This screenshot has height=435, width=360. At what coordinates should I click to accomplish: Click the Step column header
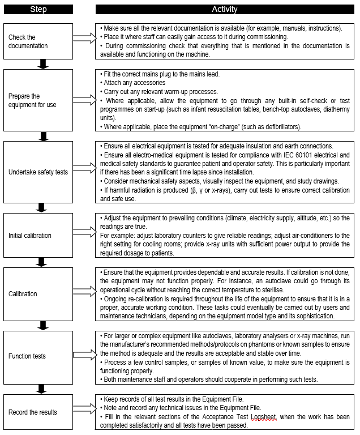pyautogui.click(x=38, y=10)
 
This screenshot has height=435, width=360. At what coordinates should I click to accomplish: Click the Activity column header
pyautogui.click(x=225, y=10)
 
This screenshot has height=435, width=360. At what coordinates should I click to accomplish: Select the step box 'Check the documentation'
pyautogui.click(x=38, y=41)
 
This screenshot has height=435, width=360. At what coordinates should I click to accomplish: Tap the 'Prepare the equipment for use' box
pyautogui.click(x=38, y=100)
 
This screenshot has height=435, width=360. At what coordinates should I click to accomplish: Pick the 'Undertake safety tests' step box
pyautogui.click(x=38, y=172)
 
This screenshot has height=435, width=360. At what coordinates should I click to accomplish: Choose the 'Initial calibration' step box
pyautogui.click(x=38, y=235)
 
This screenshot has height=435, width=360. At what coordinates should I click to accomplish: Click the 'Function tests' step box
pyautogui.click(x=38, y=356)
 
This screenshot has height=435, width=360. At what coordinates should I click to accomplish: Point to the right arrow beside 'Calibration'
pyautogui.click(x=85, y=293)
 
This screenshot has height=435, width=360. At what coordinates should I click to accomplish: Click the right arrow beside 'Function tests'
pyautogui.click(x=85, y=356)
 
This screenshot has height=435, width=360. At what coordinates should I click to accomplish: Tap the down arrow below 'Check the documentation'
pyautogui.click(x=41, y=64)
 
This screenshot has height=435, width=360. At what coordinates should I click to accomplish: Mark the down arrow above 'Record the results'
pyautogui.click(x=41, y=389)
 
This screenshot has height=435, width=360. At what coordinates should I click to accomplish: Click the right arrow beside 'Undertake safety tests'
pyautogui.click(x=85, y=172)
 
